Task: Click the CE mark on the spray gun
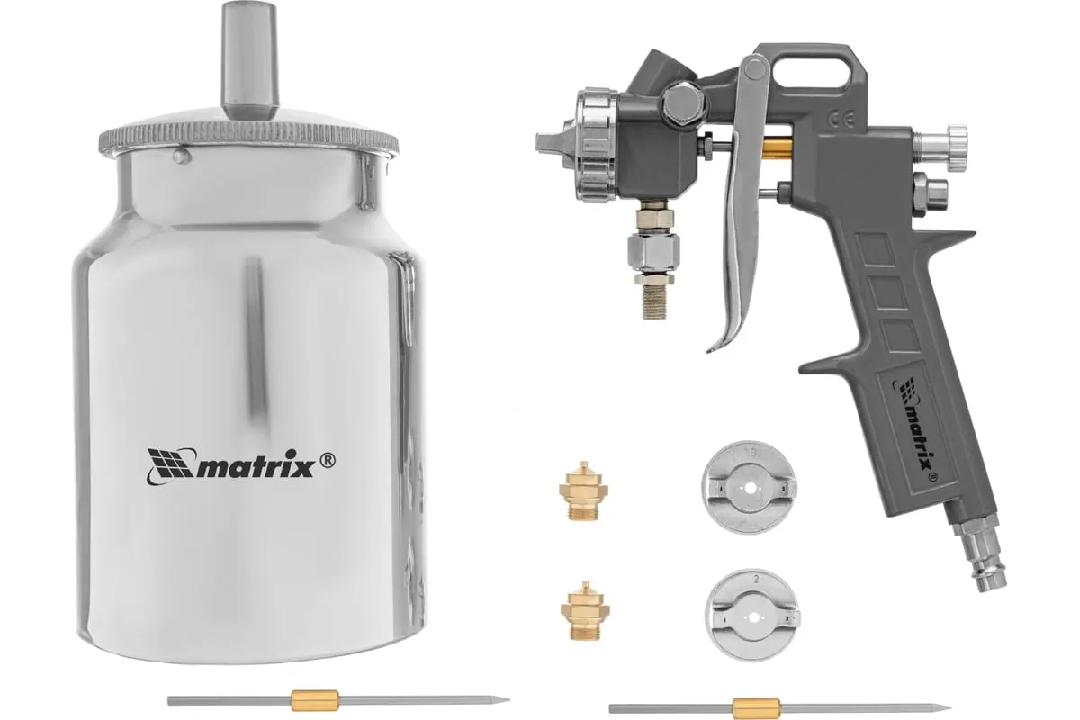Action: pos(841,119)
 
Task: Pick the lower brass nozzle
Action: pos(585,610)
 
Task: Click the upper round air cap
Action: pos(749,488)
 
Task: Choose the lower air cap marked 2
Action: pos(752,615)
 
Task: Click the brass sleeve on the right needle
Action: pos(757,708)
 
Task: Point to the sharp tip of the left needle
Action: pos(509,698)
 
